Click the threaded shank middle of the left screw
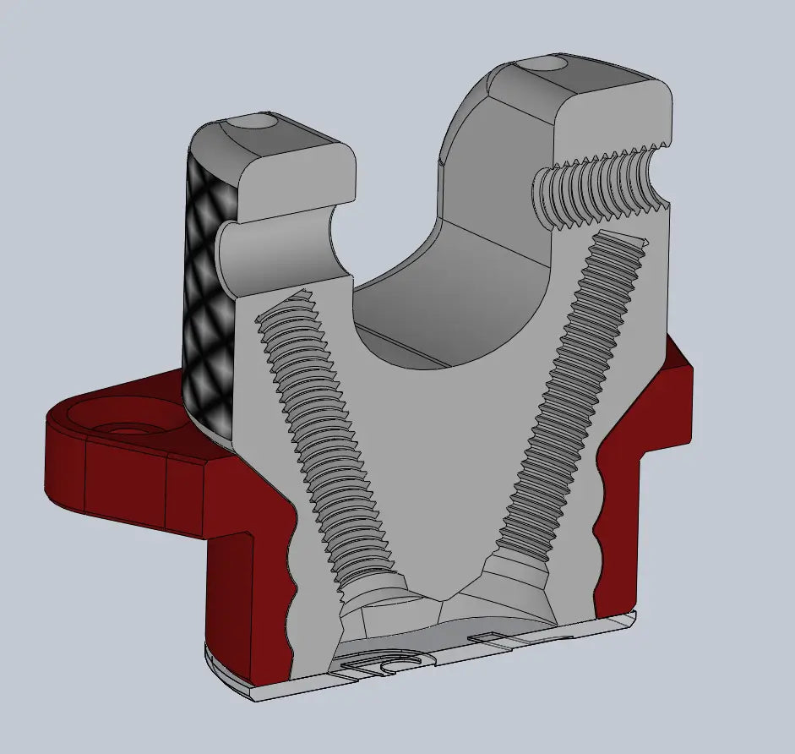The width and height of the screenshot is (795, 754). pyautogui.click(x=329, y=448)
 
